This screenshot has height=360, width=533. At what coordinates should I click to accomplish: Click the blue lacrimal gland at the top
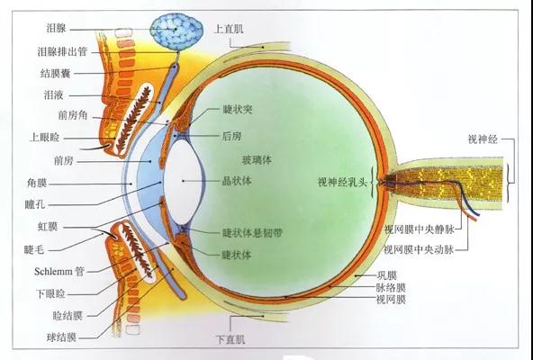point(176,31)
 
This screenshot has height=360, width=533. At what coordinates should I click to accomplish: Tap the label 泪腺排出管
point(62,52)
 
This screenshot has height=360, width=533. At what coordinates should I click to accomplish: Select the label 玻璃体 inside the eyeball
point(257,160)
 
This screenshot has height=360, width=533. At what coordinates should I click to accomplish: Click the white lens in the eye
point(185,182)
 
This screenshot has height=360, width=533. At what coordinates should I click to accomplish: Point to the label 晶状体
point(237,181)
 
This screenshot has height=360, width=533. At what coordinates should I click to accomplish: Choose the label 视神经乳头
point(342,182)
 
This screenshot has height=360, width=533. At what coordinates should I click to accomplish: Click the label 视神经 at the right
point(483,139)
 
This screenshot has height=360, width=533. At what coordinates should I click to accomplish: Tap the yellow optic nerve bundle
point(447,184)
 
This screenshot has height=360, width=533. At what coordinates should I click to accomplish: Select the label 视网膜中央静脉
point(420,229)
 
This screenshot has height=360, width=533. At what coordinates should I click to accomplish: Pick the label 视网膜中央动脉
point(419,250)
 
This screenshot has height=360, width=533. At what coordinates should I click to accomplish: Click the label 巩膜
point(387,275)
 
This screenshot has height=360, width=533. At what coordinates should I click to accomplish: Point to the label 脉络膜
point(391,288)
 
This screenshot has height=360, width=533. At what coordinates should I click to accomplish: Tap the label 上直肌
point(229,29)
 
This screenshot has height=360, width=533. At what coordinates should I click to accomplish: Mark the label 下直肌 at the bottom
point(230,339)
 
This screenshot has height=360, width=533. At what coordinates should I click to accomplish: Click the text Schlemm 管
point(59,272)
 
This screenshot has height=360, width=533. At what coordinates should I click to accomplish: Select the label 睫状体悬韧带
point(252,233)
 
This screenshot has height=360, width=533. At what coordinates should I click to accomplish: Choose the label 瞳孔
point(35,204)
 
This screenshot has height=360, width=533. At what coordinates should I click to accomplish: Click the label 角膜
point(37,184)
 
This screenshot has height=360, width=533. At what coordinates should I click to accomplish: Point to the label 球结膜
point(61,337)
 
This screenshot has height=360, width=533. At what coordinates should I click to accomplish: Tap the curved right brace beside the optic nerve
point(510,184)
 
